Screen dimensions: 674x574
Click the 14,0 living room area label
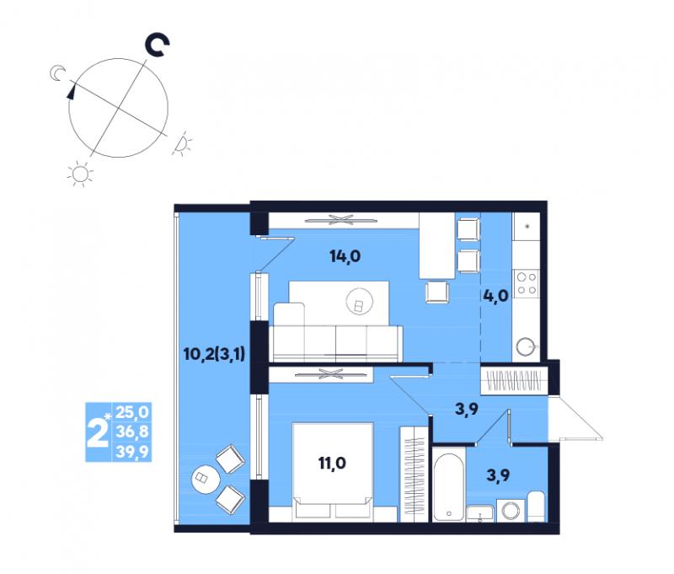[345, 257]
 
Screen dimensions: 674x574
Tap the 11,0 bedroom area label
[332, 463]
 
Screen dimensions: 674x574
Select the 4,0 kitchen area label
[495, 296]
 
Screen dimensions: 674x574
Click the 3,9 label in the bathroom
[498, 475]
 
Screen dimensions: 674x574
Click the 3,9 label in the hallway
[467, 409]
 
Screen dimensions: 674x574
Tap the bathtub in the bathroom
[449, 485]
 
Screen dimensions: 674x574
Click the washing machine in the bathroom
[511, 511]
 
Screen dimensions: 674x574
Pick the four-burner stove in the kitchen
[527, 283]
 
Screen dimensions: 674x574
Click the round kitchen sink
[525, 346]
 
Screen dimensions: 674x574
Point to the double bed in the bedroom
[332, 472]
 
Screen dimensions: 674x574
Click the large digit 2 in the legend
[97, 432]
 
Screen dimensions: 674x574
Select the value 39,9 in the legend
[132, 453]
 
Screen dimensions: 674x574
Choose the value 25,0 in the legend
[132, 412]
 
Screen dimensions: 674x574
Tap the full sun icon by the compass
[80, 174]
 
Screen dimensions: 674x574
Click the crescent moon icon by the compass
[56, 73]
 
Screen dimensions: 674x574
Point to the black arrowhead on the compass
[71, 92]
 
